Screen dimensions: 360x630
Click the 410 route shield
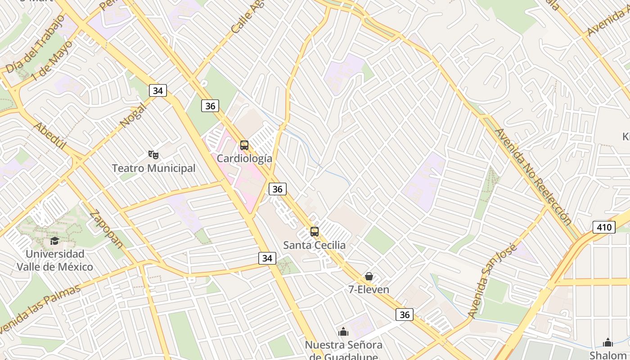coord(603,227)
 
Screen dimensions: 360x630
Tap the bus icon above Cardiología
coord(244,145)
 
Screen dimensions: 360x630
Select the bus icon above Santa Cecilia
coord(315,232)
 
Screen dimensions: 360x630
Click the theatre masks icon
coord(153,155)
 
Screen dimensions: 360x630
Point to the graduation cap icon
coord(55,241)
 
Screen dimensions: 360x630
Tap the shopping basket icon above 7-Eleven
coord(369,276)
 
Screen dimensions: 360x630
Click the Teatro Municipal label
coord(153,168)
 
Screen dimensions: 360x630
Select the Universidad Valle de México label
coord(55,260)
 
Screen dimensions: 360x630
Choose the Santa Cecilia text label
coord(315,245)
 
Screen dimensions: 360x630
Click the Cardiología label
coord(244,158)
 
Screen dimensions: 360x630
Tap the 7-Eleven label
coord(369,289)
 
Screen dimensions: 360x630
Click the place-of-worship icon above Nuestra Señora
coord(343,332)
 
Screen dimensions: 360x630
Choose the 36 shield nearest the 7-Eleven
coord(405,315)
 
